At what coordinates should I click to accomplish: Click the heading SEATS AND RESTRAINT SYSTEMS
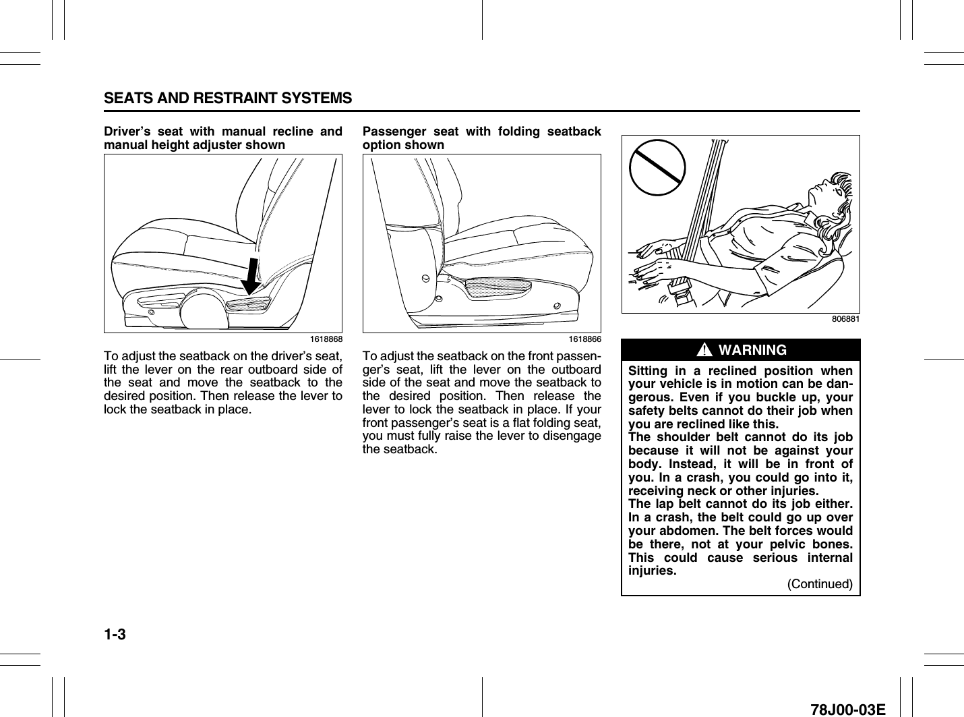pyautogui.click(x=228, y=98)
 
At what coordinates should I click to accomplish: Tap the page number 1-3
pyautogui.click(x=116, y=635)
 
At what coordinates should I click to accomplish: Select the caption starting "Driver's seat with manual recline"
pyautogui.click(x=222, y=138)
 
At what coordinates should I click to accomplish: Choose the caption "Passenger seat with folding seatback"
pyautogui.click(x=481, y=138)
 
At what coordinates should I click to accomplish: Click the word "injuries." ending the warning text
pyautogui.click(x=652, y=571)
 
